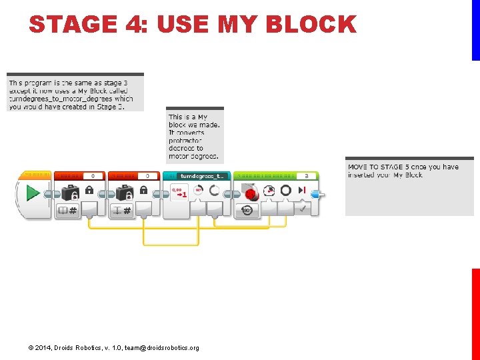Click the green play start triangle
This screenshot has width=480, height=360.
[31, 193]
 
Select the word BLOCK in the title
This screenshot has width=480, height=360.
[310, 25]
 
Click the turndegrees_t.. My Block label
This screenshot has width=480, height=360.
[203, 176]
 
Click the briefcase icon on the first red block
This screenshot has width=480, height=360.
[70, 193]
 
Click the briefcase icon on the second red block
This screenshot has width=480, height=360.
[125, 193]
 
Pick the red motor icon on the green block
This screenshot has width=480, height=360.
[251, 193]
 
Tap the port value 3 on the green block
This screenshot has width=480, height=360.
[306, 176]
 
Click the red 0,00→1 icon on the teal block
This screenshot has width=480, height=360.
[179, 192]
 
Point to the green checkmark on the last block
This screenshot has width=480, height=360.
[302, 209]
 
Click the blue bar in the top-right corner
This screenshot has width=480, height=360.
[476, 30]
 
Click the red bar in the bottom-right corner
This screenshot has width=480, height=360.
[476, 313]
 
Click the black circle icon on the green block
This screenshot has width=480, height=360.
[285, 191]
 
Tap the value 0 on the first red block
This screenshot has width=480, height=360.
[93, 176]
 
